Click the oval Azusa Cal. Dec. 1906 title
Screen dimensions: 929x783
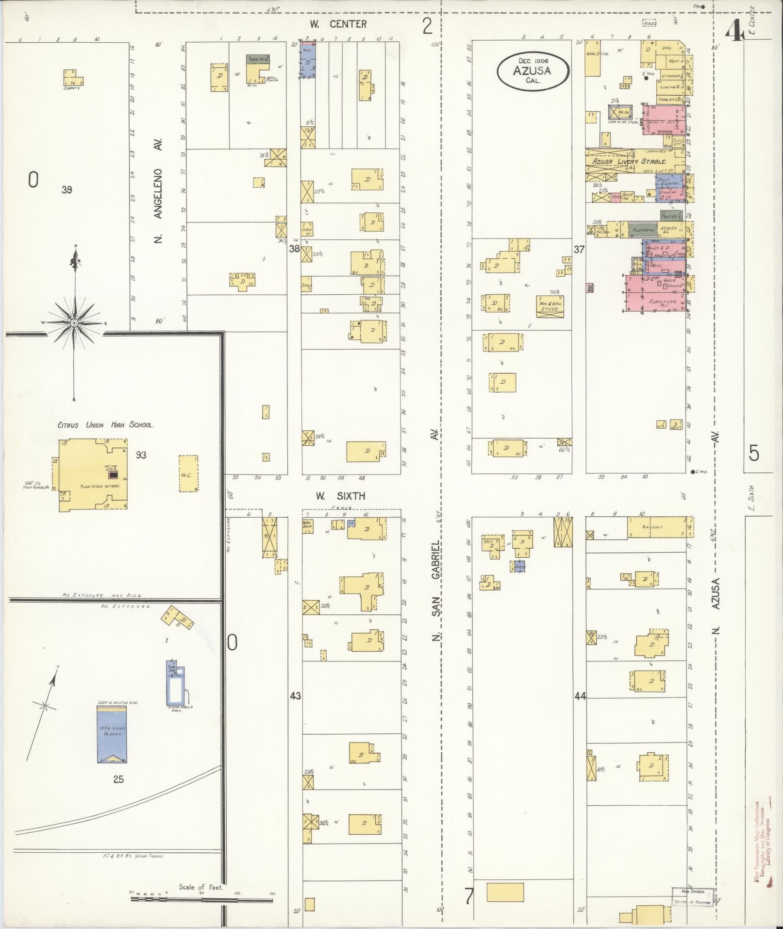coord(532,71)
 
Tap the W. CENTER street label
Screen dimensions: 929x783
coord(338,24)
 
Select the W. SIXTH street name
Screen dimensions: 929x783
coord(340,496)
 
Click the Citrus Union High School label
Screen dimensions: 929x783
coord(105,425)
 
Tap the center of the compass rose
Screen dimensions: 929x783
coord(74,323)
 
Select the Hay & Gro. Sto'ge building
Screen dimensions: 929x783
coord(550,306)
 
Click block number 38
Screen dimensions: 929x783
coord(294,249)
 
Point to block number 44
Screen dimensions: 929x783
coord(580,696)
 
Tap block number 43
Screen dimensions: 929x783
coord(295,696)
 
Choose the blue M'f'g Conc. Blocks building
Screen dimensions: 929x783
coord(112,734)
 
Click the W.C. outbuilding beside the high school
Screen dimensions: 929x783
coord(188,474)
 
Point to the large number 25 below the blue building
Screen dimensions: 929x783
coord(118,779)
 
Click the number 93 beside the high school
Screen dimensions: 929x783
coord(141,455)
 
